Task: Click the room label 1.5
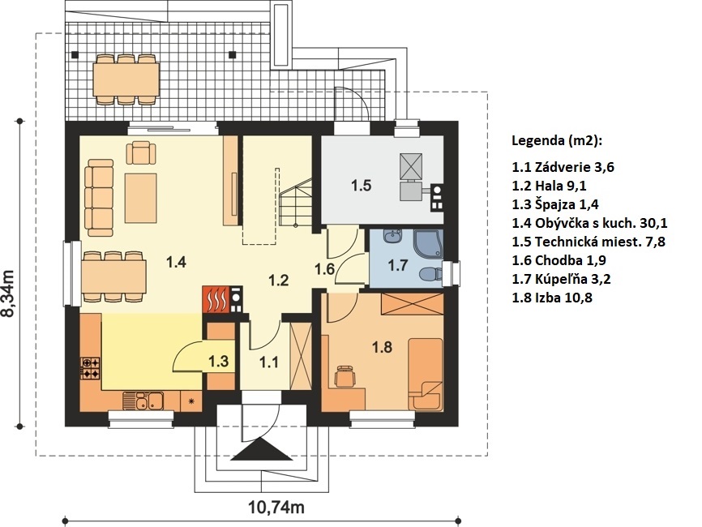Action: (x=361, y=185)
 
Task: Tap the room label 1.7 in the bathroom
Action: (x=397, y=265)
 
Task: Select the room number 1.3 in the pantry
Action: (x=219, y=361)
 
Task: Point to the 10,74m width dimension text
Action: (x=276, y=508)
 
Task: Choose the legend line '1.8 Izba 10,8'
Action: (x=552, y=298)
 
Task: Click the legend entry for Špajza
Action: (x=555, y=204)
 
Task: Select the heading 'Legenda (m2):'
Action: (x=557, y=141)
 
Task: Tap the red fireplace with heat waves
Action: (x=216, y=299)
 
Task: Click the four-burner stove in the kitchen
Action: (x=91, y=368)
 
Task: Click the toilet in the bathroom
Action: (x=430, y=273)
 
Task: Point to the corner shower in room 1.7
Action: (x=428, y=245)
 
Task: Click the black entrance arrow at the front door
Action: (x=262, y=449)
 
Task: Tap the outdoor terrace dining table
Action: (x=126, y=79)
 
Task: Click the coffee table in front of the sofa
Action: (x=140, y=199)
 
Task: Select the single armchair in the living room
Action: (x=141, y=152)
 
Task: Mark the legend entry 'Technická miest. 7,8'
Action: (x=589, y=242)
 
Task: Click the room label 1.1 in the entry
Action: (x=268, y=362)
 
